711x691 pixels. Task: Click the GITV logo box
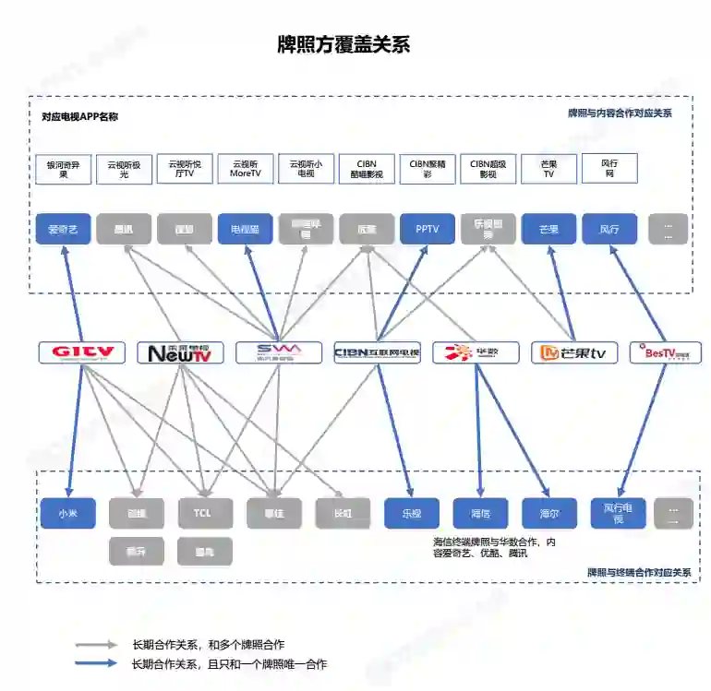[81, 351]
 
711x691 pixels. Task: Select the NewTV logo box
[180, 352]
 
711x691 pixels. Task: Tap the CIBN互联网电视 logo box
[377, 352]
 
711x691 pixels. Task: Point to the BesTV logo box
[665, 352]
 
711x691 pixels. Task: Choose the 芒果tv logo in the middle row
[573, 352]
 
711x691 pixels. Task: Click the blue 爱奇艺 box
[63, 229]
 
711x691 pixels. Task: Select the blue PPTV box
[428, 229]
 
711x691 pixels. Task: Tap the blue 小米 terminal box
[68, 513]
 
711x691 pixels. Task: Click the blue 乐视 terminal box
[411, 513]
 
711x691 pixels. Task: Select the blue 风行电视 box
[618, 513]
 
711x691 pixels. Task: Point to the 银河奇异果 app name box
[64, 169]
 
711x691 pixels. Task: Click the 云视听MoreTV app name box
[246, 168]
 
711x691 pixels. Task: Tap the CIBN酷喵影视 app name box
[367, 168]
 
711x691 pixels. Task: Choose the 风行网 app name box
[609, 168]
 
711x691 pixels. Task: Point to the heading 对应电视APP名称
[80, 117]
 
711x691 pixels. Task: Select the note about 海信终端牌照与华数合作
[494, 547]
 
